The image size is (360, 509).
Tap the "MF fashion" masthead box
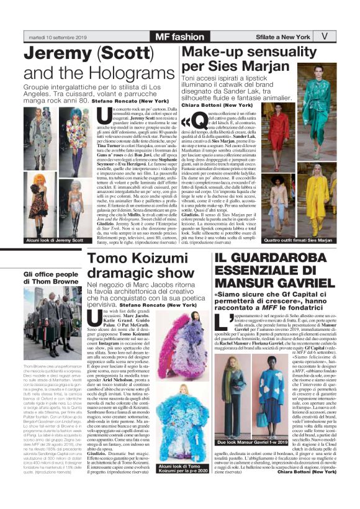pyautogui.click(x=179, y=36)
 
